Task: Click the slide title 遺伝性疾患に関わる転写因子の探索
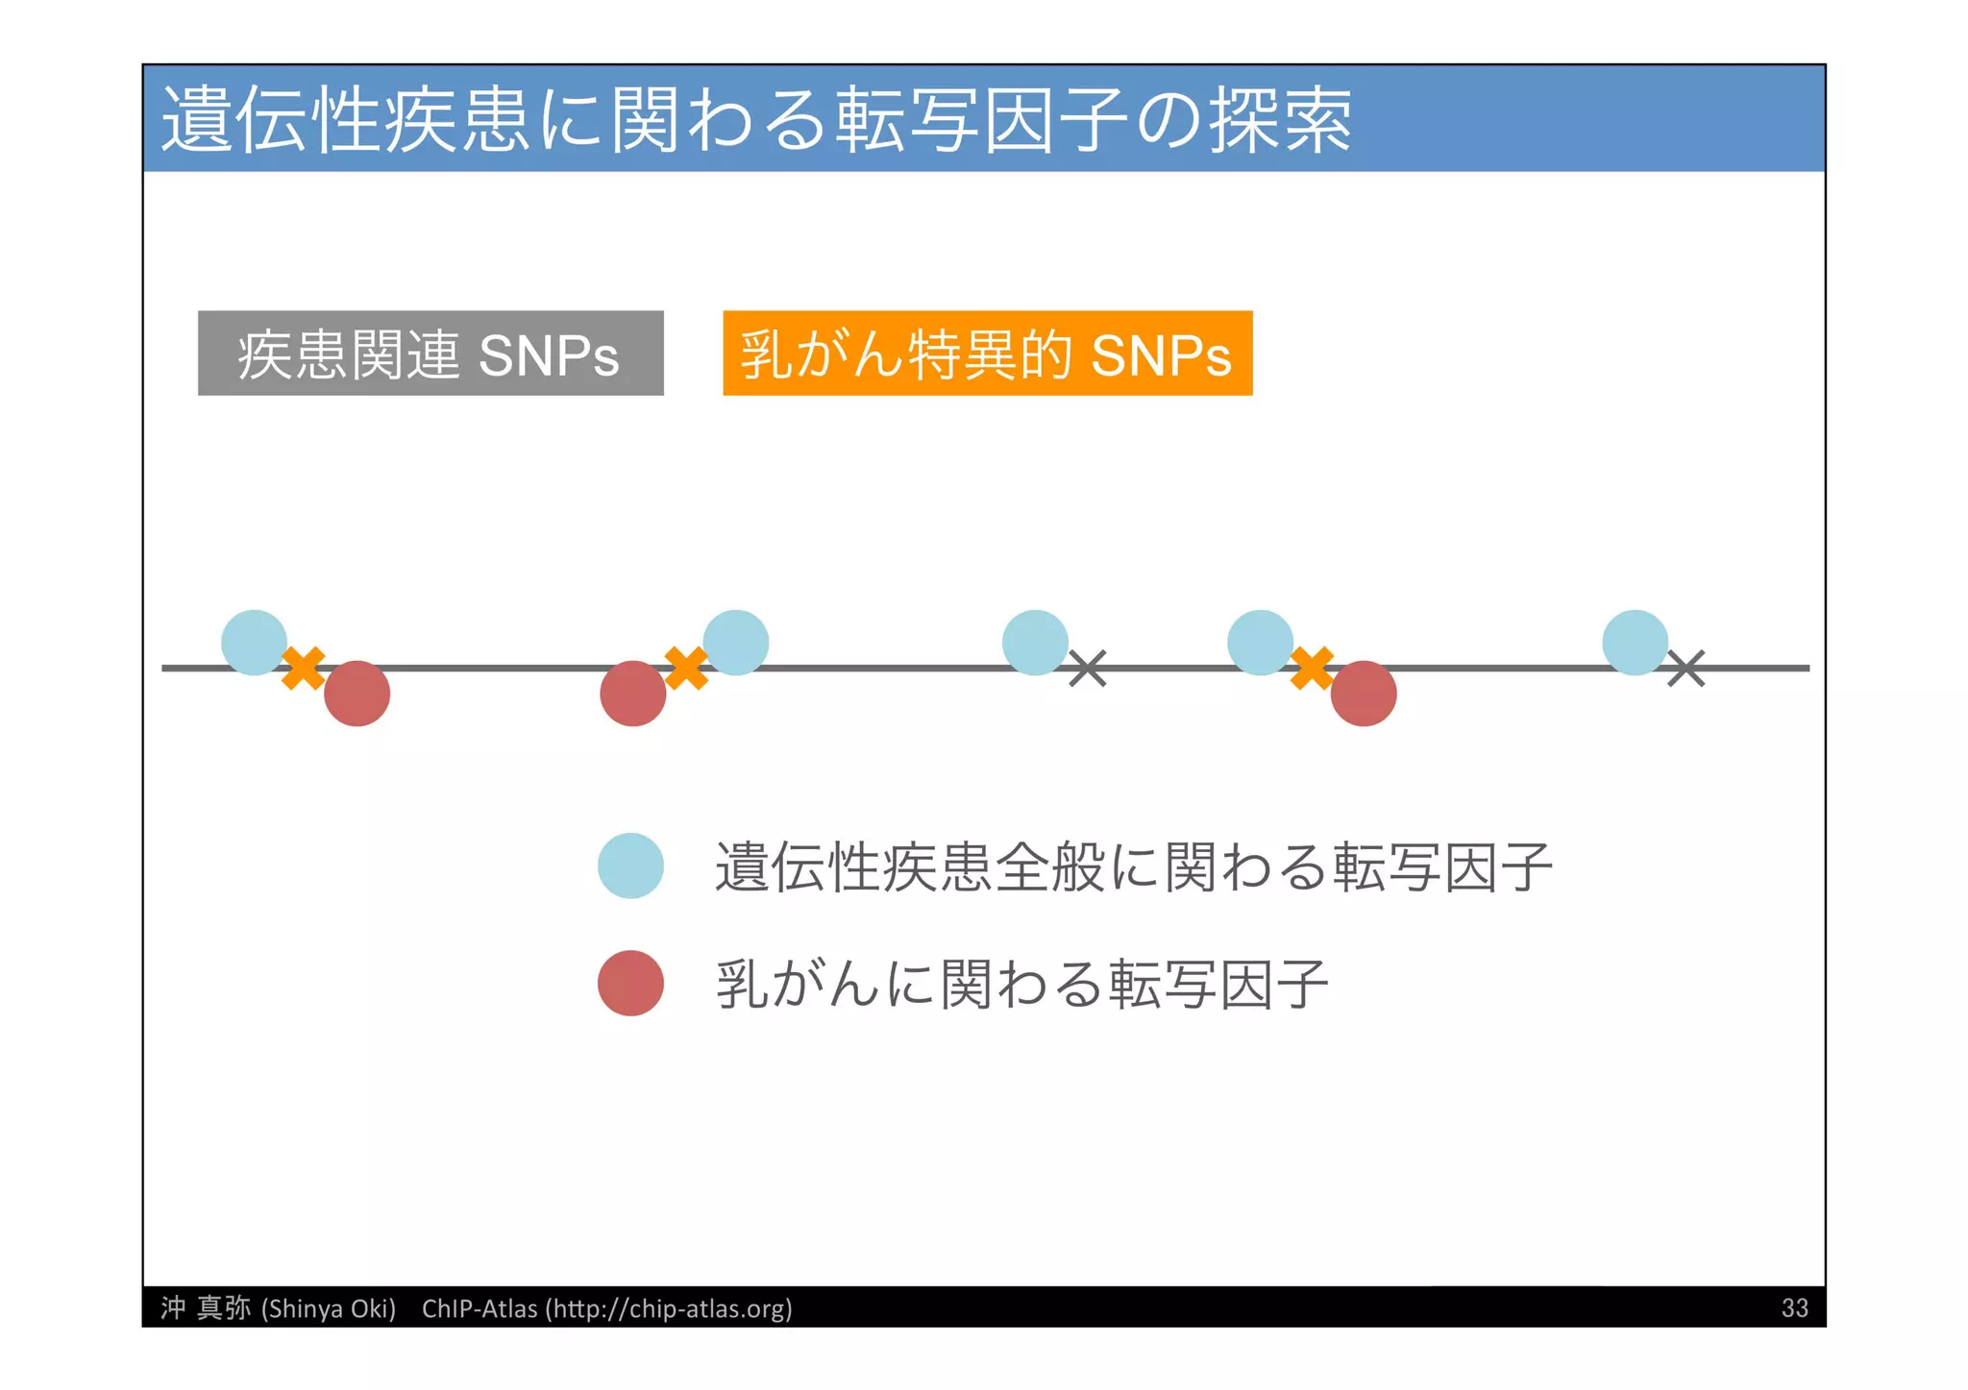pyautogui.click(x=756, y=119)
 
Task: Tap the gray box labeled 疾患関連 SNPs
pyautogui.click(x=430, y=354)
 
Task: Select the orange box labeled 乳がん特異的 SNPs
pyautogui.click(x=987, y=354)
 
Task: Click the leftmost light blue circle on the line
pyautogui.click(x=254, y=643)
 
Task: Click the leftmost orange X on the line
pyautogui.click(x=304, y=668)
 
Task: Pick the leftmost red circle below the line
pyautogui.click(x=357, y=694)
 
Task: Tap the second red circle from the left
pyautogui.click(x=632, y=694)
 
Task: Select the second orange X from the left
pyautogui.click(x=686, y=668)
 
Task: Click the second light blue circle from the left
pyautogui.click(x=735, y=643)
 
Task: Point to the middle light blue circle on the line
pyautogui.click(x=1035, y=643)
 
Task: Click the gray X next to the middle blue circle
pyautogui.click(x=1088, y=669)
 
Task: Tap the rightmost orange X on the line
pyautogui.click(x=1312, y=668)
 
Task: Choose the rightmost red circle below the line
pyautogui.click(x=1363, y=694)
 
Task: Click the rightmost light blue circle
pyautogui.click(x=1635, y=643)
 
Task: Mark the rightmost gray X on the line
pyautogui.click(x=1685, y=669)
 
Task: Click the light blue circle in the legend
pyautogui.click(x=630, y=866)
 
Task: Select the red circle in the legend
pyautogui.click(x=630, y=983)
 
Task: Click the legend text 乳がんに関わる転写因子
pyautogui.click(x=1021, y=984)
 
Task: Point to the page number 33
pyautogui.click(x=1794, y=1308)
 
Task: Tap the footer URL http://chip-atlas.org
pyautogui.click(x=669, y=1308)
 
